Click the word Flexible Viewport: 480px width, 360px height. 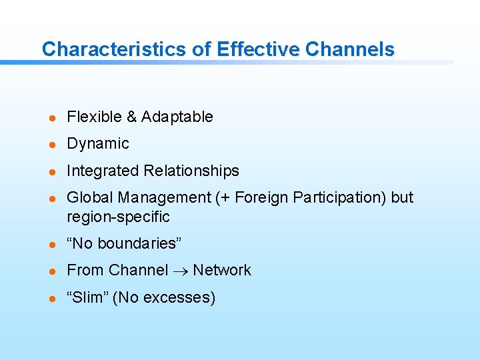tap(94, 117)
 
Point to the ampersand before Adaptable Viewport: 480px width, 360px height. tap(131, 117)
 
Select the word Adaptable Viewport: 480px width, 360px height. tap(177, 117)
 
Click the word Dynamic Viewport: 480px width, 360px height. tap(98, 144)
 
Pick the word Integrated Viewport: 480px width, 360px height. tap(103, 171)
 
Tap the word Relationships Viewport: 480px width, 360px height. tap(191, 171)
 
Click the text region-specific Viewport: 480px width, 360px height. tap(118, 217)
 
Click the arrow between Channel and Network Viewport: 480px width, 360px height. tap(180, 271)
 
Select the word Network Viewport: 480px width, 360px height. tap(221, 271)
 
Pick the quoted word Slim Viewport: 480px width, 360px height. tap(87, 297)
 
